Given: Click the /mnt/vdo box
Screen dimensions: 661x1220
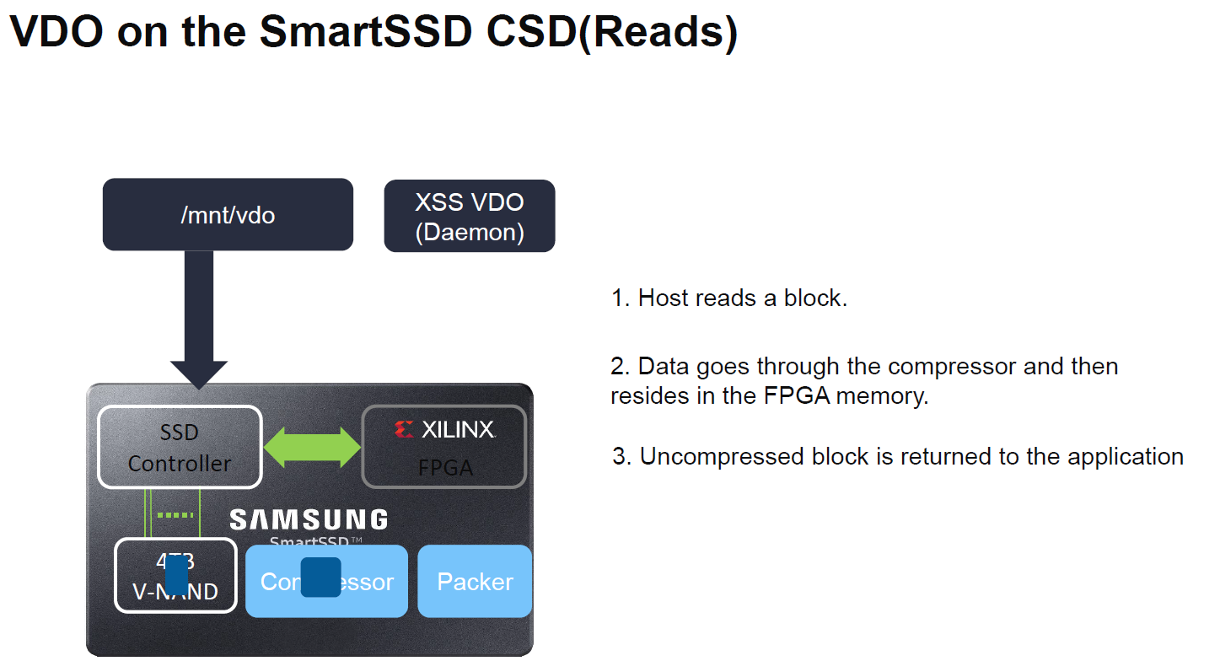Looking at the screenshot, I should (228, 214).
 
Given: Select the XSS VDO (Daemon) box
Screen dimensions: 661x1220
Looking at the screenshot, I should (469, 216).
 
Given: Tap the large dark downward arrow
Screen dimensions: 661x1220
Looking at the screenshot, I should (198, 320).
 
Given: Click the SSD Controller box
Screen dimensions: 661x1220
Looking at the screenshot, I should (180, 447).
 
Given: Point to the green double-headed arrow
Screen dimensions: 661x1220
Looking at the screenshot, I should (312, 447).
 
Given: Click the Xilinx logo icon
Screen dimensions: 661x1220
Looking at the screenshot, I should (404, 430).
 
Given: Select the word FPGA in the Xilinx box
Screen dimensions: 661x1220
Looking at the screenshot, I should (445, 468).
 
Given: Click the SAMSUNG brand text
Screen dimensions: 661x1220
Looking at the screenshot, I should (309, 519).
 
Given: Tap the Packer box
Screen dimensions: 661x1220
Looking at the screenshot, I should (475, 582).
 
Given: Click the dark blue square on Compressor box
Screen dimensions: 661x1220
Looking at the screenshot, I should (320, 578).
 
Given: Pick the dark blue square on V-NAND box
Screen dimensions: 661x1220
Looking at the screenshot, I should (176, 575).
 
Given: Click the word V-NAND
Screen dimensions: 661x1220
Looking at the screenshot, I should (175, 593).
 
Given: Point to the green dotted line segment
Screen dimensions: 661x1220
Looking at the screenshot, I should (175, 515).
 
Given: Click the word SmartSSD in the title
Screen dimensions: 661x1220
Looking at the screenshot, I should (366, 32).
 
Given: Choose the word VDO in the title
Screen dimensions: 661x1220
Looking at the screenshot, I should (57, 32).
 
